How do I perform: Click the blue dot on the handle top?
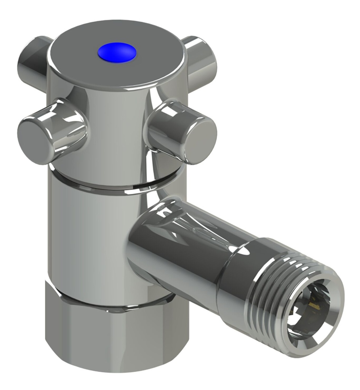(x=117, y=52)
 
